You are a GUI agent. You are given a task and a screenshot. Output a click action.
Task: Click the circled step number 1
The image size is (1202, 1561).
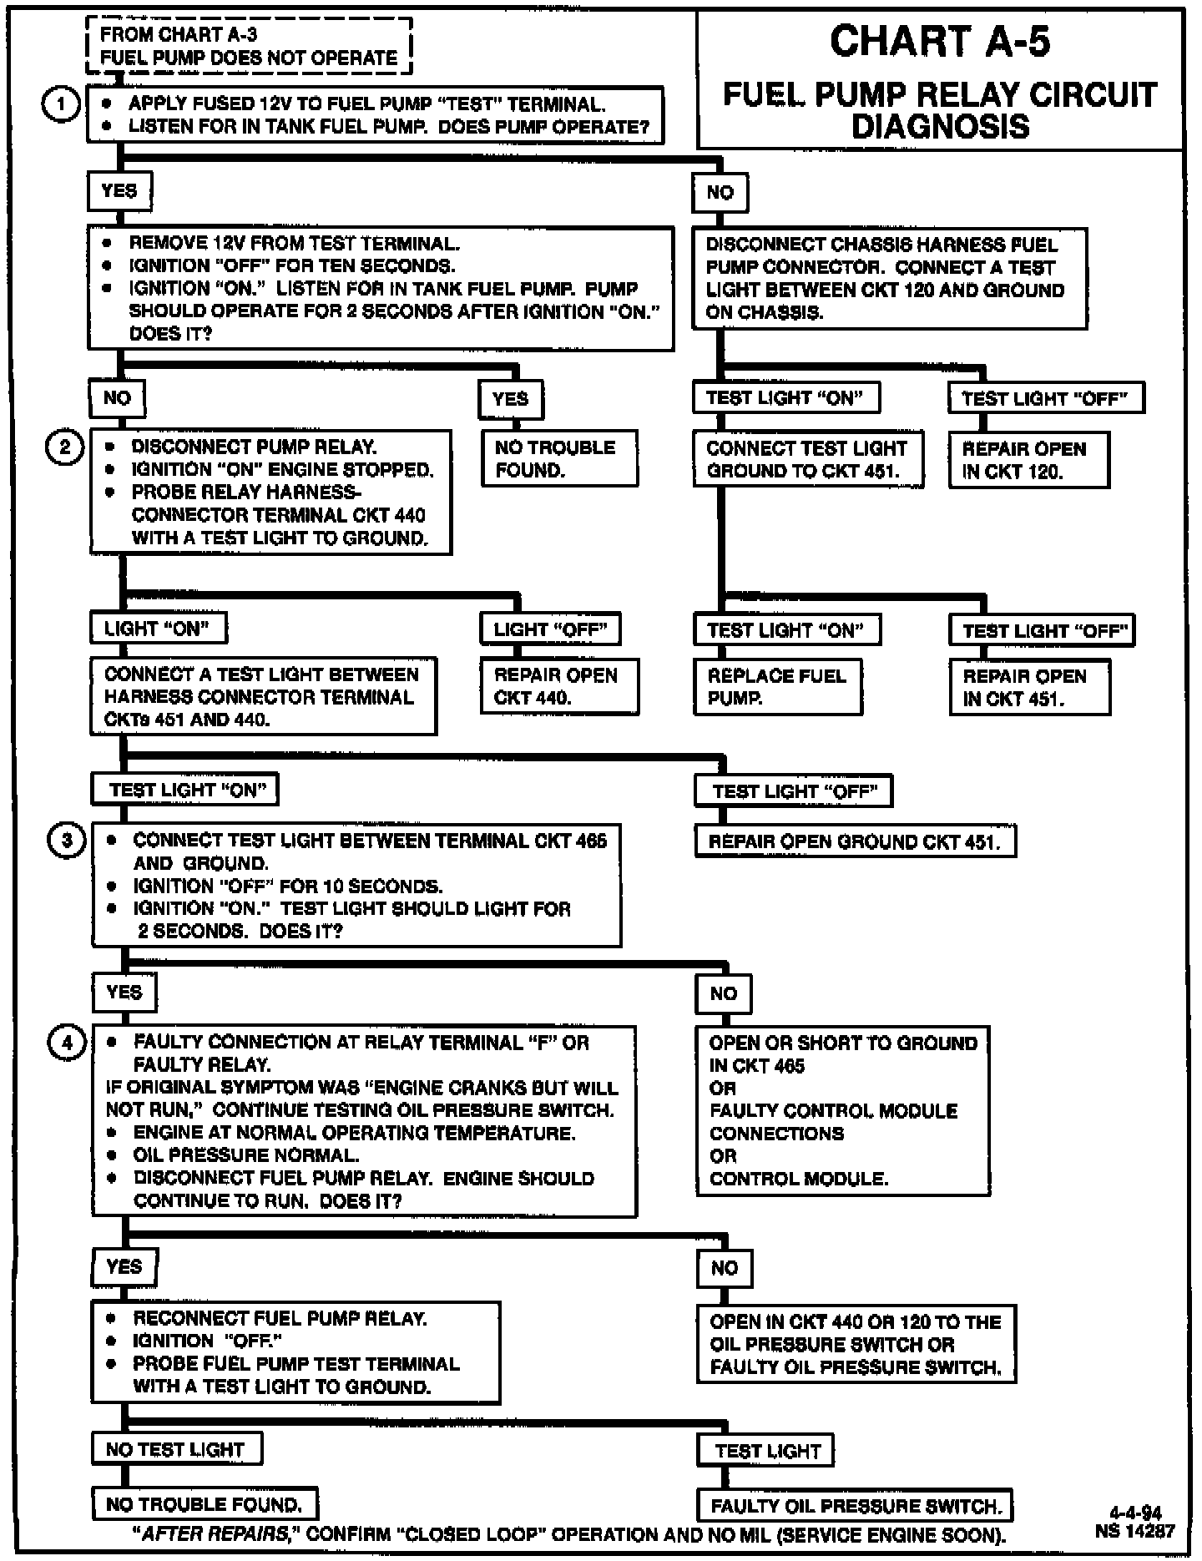(x=61, y=105)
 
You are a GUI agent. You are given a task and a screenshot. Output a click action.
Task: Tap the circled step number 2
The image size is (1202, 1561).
(x=64, y=447)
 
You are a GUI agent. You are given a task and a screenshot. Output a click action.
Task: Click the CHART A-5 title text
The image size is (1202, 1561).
(x=940, y=42)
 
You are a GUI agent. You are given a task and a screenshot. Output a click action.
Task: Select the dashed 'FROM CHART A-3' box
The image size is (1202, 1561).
(x=249, y=47)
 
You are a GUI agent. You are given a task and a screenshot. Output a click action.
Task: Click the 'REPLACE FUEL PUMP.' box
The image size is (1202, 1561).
(x=777, y=687)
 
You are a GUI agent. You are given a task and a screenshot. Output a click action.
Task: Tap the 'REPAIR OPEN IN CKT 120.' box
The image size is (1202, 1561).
(x=1028, y=460)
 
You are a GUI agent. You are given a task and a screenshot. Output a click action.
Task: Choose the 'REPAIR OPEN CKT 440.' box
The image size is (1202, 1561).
(x=558, y=686)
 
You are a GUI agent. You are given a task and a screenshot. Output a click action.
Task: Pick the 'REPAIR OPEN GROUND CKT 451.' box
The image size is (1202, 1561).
(x=855, y=841)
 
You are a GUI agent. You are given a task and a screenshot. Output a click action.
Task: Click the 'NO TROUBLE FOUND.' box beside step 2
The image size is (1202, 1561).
(x=558, y=458)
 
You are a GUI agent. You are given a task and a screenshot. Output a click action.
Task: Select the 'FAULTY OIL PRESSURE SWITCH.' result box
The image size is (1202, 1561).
(x=855, y=1506)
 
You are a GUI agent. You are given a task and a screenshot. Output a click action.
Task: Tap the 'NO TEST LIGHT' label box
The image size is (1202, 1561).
(x=176, y=1449)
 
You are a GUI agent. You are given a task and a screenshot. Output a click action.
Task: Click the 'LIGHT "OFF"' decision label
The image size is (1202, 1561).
(x=550, y=629)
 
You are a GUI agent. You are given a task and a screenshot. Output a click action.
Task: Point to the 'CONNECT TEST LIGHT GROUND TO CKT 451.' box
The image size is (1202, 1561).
(x=808, y=459)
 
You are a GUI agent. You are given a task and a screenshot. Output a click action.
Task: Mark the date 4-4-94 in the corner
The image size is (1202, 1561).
(x=1135, y=1513)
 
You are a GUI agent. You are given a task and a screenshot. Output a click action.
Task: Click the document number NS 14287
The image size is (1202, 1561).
(x=1135, y=1531)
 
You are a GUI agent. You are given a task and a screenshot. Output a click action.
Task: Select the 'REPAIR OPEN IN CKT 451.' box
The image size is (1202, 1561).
(x=1029, y=687)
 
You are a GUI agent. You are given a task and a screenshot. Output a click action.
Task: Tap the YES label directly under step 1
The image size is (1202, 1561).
(x=119, y=191)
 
